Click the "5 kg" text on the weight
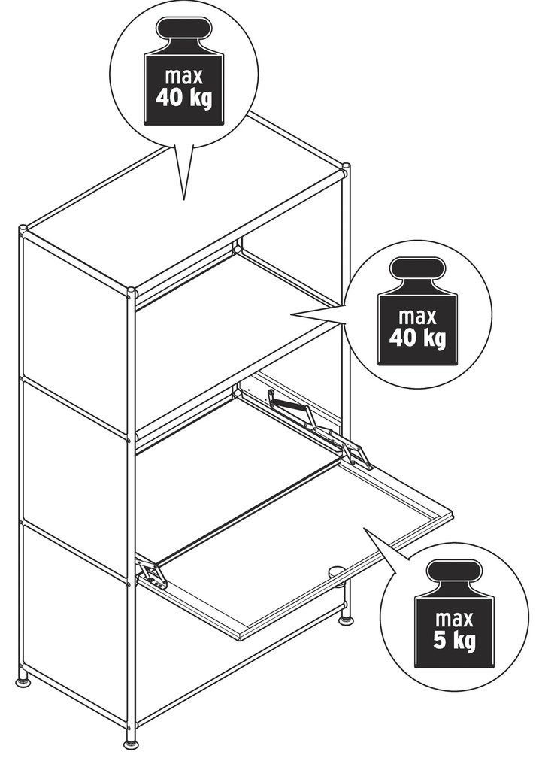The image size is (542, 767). (454, 641)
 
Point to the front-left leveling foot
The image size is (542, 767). (22, 681)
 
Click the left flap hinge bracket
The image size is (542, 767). (153, 573)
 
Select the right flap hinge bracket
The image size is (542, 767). (357, 456)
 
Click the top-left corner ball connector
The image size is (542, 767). (23, 229)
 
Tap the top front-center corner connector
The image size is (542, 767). (131, 293)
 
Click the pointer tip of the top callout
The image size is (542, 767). (183, 199)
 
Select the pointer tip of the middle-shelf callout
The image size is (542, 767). (292, 314)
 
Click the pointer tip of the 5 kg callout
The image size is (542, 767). (363, 528)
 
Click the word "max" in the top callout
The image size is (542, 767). (184, 77)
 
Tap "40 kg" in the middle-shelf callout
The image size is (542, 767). (417, 338)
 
